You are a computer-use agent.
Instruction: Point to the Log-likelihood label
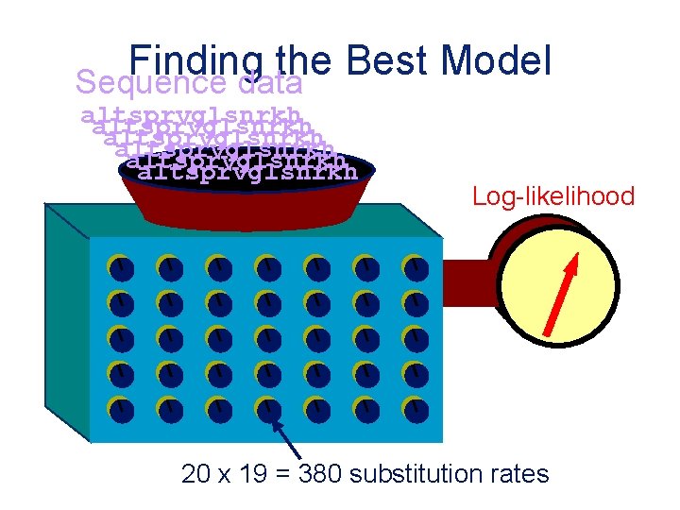[x=553, y=196]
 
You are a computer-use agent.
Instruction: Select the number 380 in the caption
[x=321, y=473]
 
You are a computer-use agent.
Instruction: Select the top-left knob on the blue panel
[x=121, y=269]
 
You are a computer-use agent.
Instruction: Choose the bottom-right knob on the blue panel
[x=416, y=410]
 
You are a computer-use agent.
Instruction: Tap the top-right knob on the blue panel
[x=416, y=269]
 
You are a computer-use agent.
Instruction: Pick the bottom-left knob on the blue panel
[x=121, y=410]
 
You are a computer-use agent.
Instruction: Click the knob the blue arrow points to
[x=268, y=410]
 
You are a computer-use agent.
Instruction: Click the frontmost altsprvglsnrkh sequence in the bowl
[x=247, y=172]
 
